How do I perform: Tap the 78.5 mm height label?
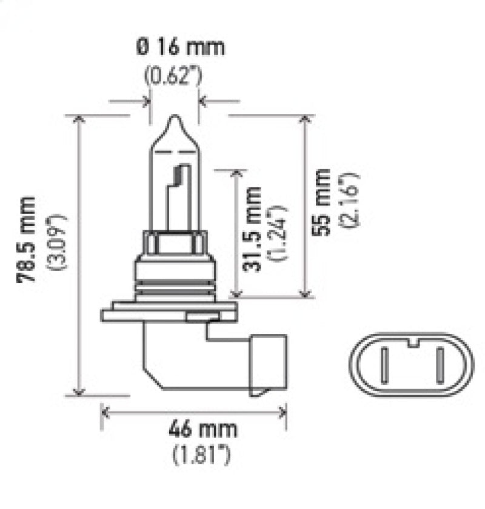[27, 239]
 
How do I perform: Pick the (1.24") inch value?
[278, 233]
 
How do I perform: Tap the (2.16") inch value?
[351, 201]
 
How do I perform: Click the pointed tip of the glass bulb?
[173, 118]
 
